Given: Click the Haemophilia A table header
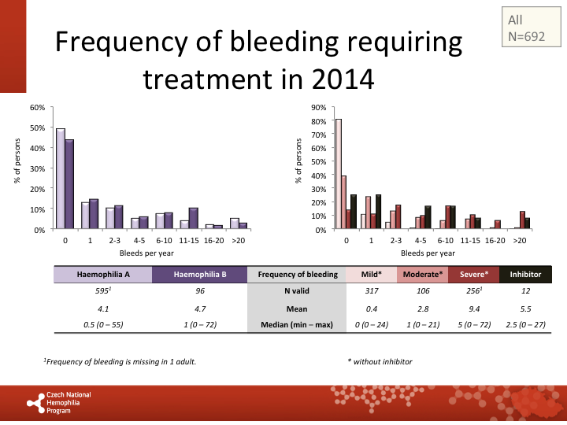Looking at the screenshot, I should [x=103, y=274].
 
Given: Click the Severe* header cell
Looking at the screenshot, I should [x=474, y=274].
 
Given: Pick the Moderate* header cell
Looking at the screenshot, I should [x=423, y=274].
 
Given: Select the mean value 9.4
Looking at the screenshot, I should [x=474, y=308].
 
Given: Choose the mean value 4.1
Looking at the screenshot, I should [x=103, y=308].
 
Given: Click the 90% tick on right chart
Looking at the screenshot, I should [x=319, y=107].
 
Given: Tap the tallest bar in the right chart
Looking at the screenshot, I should [x=338, y=174].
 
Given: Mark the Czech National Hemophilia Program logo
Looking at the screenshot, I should [x=59, y=401].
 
